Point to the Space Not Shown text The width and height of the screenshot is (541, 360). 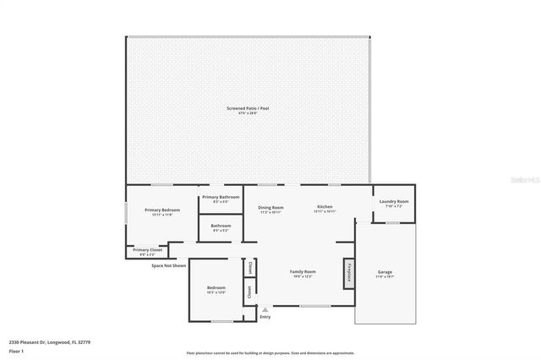click(169, 265)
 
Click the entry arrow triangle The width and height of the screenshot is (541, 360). click(265, 308)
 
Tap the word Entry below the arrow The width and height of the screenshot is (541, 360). click(265, 317)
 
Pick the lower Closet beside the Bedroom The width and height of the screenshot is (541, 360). click(249, 292)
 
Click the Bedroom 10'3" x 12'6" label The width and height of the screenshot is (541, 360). click(216, 291)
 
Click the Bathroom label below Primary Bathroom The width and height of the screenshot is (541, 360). click(221, 227)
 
